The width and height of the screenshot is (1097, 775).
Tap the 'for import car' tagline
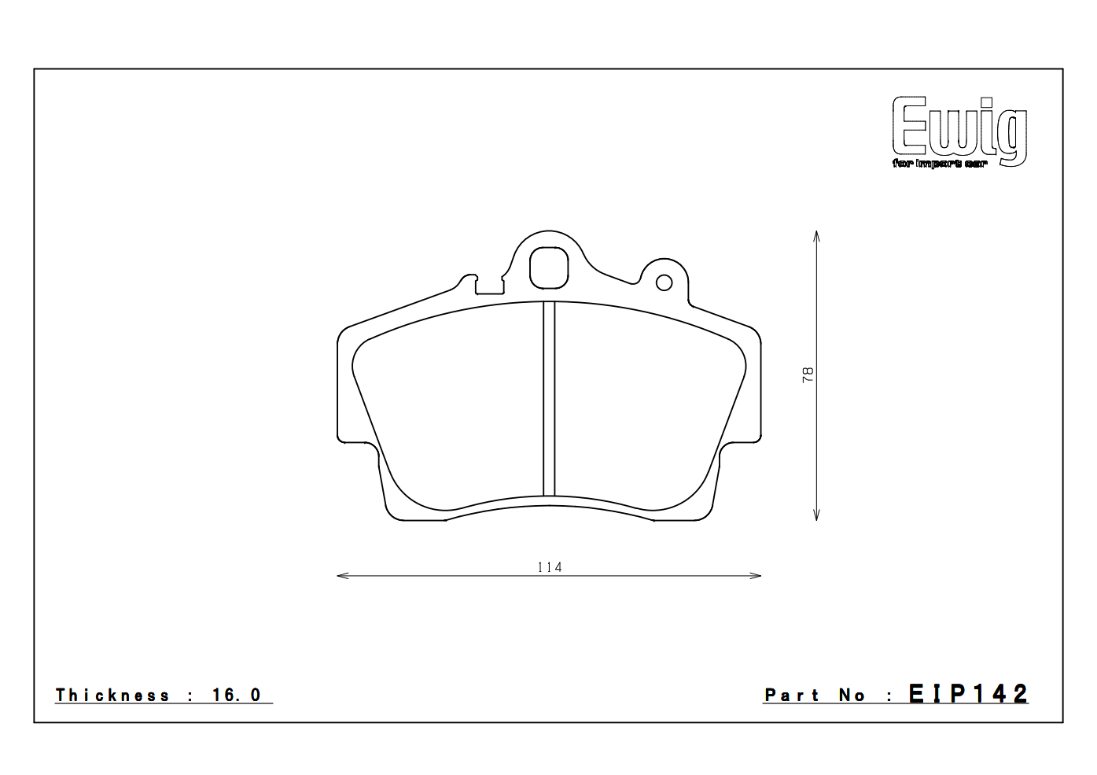(939, 164)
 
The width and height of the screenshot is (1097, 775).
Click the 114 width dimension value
(549, 567)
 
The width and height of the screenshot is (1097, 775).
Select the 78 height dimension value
(808, 375)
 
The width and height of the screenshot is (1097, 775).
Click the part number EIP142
(968, 694)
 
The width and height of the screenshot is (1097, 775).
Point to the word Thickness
(112, 696)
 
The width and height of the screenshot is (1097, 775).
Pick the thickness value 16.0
(236, 696)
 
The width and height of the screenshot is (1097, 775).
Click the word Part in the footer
(792, 696)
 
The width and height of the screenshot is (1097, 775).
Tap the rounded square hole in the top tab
(549, 268)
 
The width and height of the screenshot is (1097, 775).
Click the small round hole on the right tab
(664, 282)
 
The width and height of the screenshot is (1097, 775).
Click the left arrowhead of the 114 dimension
(341, 576)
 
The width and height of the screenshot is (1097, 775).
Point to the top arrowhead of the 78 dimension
(817, 235)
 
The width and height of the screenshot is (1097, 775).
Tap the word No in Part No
(852, 696)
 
